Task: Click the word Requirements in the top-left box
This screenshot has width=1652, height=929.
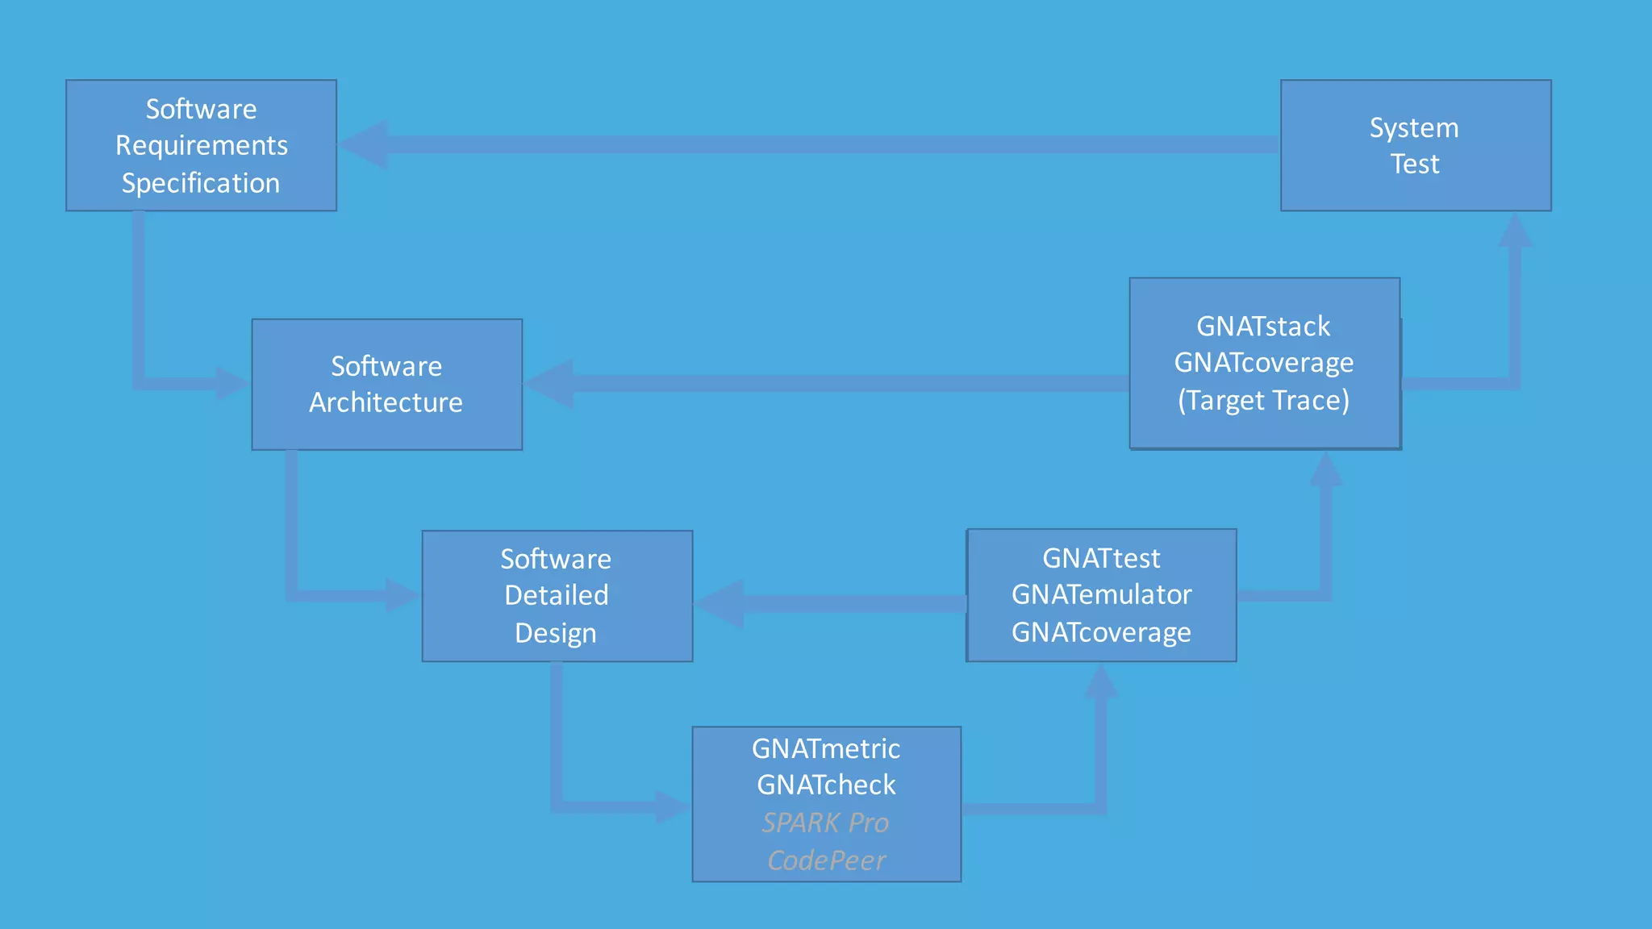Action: pyautogui.click(x=202, y=146)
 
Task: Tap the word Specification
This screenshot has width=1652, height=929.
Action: pyautogui.click(x=201, y=183)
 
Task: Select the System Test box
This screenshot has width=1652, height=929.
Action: pyautogui.click(x=1415, y=146)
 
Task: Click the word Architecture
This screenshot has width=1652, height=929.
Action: pyautogui.click(x=386, y=402)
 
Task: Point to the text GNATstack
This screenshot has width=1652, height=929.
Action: pyautogui.click(x=1263, y=327)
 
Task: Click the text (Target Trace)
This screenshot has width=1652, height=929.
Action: pyautogui.click(x=1263, y=401)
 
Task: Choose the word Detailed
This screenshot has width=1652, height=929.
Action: pyautogui.click(x=557, y=595)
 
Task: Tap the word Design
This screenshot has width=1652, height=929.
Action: pyautogui.click(x=556, y=633)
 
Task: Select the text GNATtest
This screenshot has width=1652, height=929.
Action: pyautogui.click(x=1101, y=558)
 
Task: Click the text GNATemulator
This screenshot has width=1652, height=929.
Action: pyautogui.click(x=1101, y=595)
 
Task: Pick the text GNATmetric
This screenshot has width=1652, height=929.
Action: pyautogui.click(x=826, y=749)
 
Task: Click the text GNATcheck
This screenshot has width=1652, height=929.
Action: pyautogui.click(x=826, y=785)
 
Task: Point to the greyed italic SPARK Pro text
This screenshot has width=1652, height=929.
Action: pyautogui.click(x=825, y=823)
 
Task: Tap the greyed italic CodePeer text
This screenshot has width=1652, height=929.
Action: pyautogui.click(x=826, y=860)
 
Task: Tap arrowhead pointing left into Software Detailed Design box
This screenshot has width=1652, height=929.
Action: pyautogui.click(x=720, y=603)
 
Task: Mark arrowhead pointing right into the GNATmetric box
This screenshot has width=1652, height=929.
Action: pyautogui.click(x=672, y=806)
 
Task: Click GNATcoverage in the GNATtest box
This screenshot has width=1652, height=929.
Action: pyautogui.click(x=1101, y=633)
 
